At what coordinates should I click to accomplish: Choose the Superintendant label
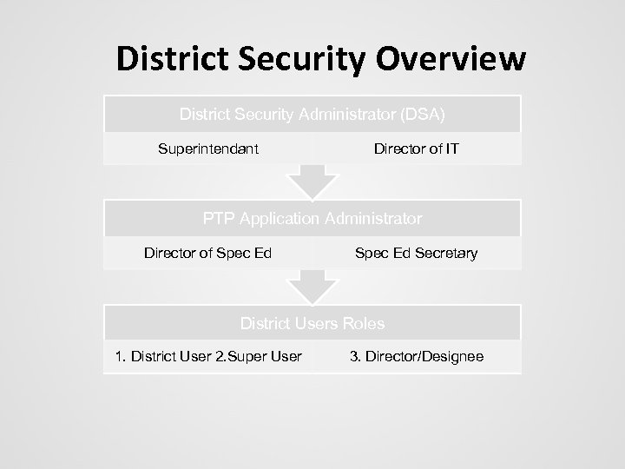pyautogui.click(x=208, y=149)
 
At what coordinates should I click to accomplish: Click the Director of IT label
pyautogui.click(x=417, y=149)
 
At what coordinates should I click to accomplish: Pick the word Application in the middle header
pyautogui.click(x=276, y=218)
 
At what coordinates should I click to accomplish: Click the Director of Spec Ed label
pyautogui.click(x=208, y=253)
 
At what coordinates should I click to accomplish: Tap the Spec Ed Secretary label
pyautogui.click(x=416, y=253)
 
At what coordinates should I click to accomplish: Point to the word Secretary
pyautogui.click(x=446, y=253)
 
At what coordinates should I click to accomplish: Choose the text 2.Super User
pyautogui.click(x=259, y=357)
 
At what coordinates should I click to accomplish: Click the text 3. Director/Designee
pyautogui.click(x=418, y=357)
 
